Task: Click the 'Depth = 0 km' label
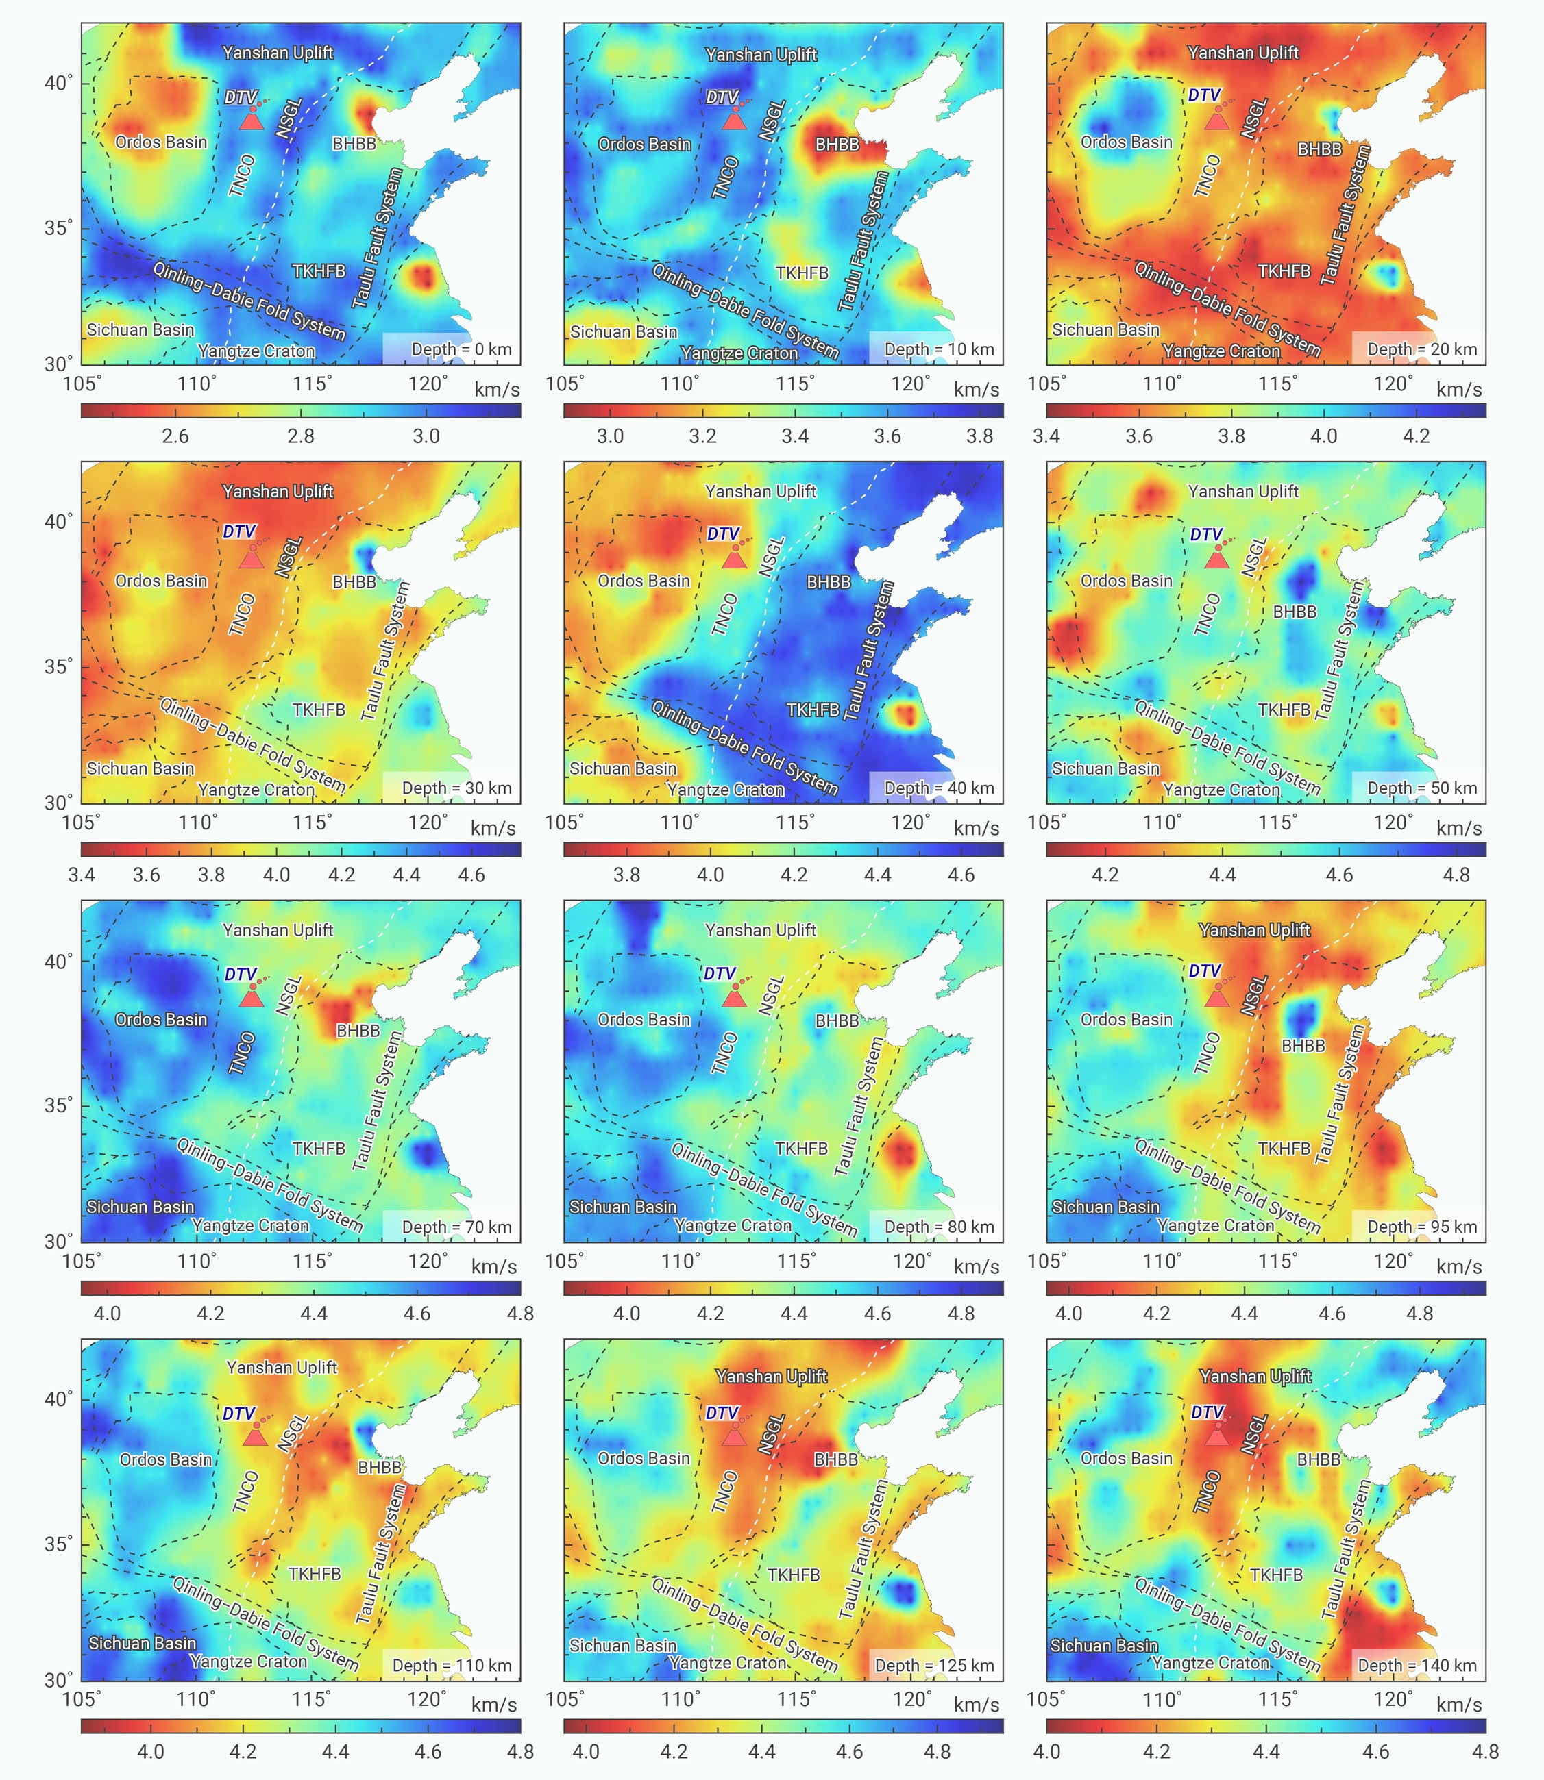coord(461,349)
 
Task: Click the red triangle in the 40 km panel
coord(733,559)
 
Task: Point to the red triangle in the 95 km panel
coord(1216,997)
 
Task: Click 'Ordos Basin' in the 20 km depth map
coord(1126,142)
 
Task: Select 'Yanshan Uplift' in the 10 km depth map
coord(761,54)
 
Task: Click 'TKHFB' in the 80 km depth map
coord(801,1148)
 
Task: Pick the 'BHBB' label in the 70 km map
coord(358,1030)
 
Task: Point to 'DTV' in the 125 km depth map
coord(722,1413)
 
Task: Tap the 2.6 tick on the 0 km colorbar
coord(175,436)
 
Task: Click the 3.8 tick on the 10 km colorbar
coord(979,436)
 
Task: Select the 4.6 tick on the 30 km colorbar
coord(471,875)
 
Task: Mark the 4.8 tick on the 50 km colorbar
coord(1456,875)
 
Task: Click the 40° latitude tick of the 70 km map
coord(58,961)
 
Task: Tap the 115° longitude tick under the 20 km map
coord(1277,384)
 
